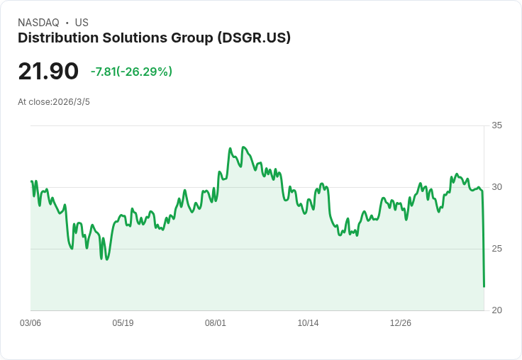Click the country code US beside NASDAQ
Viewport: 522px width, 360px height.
point(82,23)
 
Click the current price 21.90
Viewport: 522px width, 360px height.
point(48,72)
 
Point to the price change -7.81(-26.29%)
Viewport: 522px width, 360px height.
point(131,72)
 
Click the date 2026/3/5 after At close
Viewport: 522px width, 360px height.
point(71,102)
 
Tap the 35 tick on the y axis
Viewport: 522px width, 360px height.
point(496,125)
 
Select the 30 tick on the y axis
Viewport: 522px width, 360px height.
point(496,187)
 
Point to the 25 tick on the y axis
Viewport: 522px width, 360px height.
point(496,249)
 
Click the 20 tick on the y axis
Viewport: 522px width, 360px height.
point(496,310)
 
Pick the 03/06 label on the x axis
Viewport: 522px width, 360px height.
point(30,323)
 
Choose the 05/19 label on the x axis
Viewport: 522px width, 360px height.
point(123,323)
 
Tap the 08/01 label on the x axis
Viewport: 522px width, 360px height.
point(216,323)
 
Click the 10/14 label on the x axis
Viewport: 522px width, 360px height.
point(308,323)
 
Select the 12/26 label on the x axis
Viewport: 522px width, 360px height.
point(401,323)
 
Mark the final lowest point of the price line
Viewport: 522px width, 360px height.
point(484,286)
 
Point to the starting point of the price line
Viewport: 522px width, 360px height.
point(31,181)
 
